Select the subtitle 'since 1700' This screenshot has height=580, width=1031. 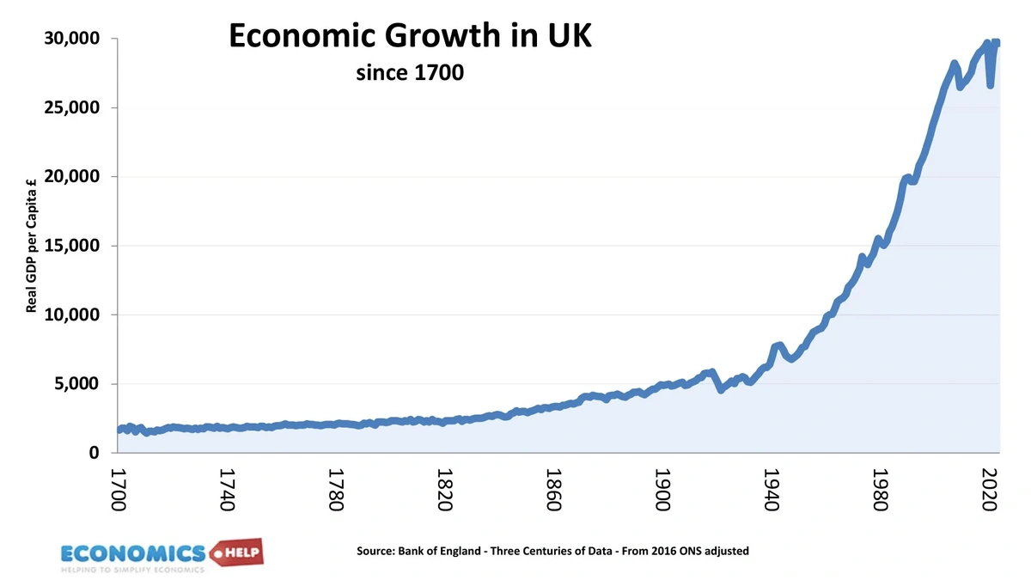point(410,73)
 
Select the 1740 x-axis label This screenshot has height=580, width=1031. point(228,490)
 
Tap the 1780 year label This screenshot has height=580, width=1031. point(336,490)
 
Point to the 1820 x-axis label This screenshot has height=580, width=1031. point(445,490)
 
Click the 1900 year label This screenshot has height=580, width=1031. point(662,490)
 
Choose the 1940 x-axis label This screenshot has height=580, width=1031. point(771,490)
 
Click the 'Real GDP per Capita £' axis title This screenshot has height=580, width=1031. point(32,246)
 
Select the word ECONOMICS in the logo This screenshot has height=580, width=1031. point(133,553)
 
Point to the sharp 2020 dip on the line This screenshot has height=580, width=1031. point(991,84)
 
